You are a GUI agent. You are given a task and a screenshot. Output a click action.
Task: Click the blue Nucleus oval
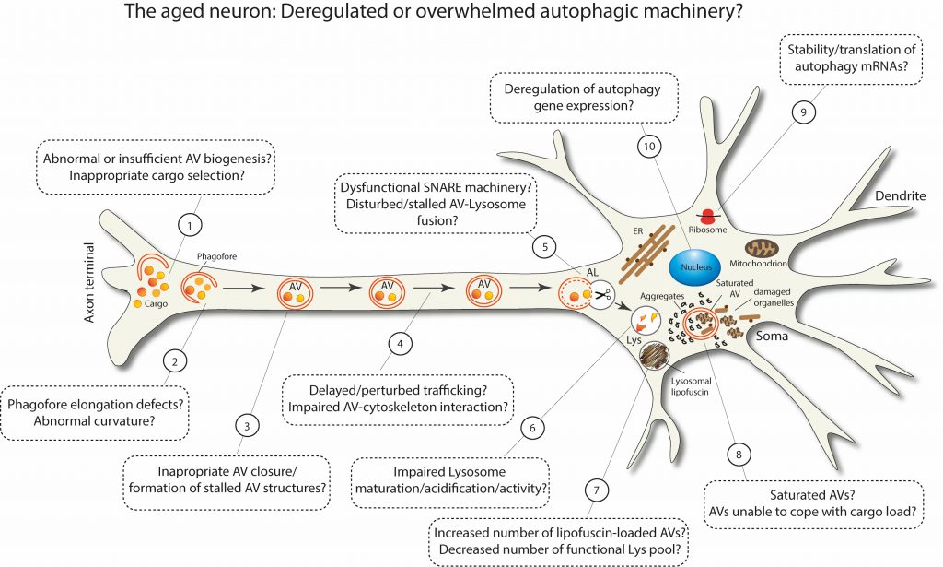(696, 266)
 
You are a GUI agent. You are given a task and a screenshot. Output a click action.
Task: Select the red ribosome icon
(707, 216)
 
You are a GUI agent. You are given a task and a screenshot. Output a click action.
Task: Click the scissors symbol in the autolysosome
(602, 295)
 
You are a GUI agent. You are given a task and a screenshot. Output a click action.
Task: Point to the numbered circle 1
(190, 226)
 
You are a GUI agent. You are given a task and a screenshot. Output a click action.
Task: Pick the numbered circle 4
(401, 344)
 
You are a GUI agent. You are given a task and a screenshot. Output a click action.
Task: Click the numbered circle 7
(597, 490)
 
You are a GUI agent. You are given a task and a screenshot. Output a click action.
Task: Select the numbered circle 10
(649, 147)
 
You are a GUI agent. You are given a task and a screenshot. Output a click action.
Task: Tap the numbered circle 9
(803, 112)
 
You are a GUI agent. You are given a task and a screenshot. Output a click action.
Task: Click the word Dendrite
(901, 195)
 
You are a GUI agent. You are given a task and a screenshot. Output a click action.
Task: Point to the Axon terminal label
(89, 282)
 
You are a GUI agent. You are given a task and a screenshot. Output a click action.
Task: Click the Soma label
(772, 336)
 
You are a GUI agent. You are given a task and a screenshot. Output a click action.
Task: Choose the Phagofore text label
(217, 256)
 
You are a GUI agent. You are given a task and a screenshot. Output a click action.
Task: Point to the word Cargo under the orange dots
(156, 304)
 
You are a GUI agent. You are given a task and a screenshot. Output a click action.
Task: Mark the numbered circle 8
(739, 455)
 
